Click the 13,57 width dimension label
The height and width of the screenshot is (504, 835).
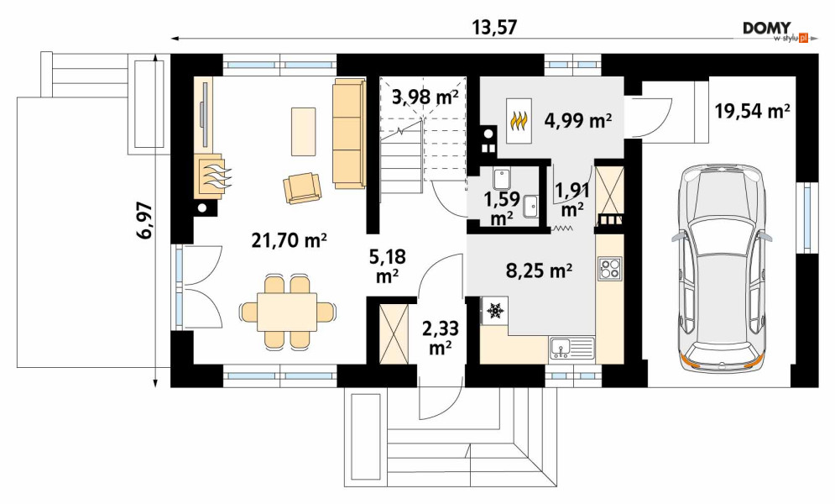(495, 27)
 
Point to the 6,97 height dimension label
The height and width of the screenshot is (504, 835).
(144, 221)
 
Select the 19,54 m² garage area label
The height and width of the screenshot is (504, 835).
(752, 111)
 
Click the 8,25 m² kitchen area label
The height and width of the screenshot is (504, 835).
(539, 270)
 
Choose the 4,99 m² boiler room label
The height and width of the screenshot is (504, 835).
(577, 121)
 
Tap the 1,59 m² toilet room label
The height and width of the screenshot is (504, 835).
(501, 207)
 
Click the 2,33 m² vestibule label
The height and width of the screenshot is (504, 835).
(441, 337)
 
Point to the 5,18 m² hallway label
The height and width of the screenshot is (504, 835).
(387, 265)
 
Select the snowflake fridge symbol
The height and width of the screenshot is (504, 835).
(495, 310)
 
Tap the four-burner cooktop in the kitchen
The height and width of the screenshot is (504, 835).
(610, 269)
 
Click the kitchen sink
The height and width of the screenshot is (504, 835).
(572, 349)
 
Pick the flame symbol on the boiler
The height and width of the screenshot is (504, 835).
(519, 121)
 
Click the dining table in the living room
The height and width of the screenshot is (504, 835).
(288, 312)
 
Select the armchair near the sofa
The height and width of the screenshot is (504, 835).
(302, 187)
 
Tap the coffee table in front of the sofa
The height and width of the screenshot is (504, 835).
(303, 132)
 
